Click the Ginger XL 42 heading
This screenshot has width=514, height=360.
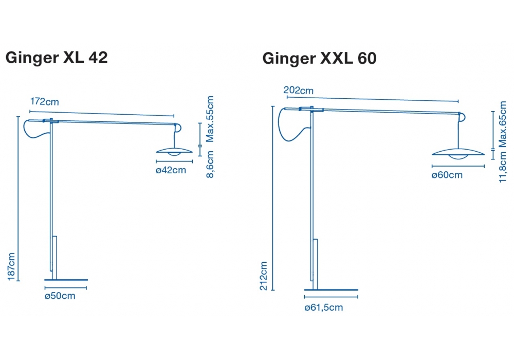tap(57, 58)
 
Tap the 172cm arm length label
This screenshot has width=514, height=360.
tap(45, 102)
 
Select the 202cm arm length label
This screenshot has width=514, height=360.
tap(298, 90)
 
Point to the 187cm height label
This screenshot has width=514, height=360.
tap(11, 266)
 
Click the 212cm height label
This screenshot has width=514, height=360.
tap(264, 276)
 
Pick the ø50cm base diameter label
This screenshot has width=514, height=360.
tap(60, 296)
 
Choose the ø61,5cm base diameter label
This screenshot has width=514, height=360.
tap(323, 308)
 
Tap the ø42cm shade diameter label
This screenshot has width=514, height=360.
tap(171, 170)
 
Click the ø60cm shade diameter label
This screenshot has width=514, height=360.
tap(447, 175)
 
